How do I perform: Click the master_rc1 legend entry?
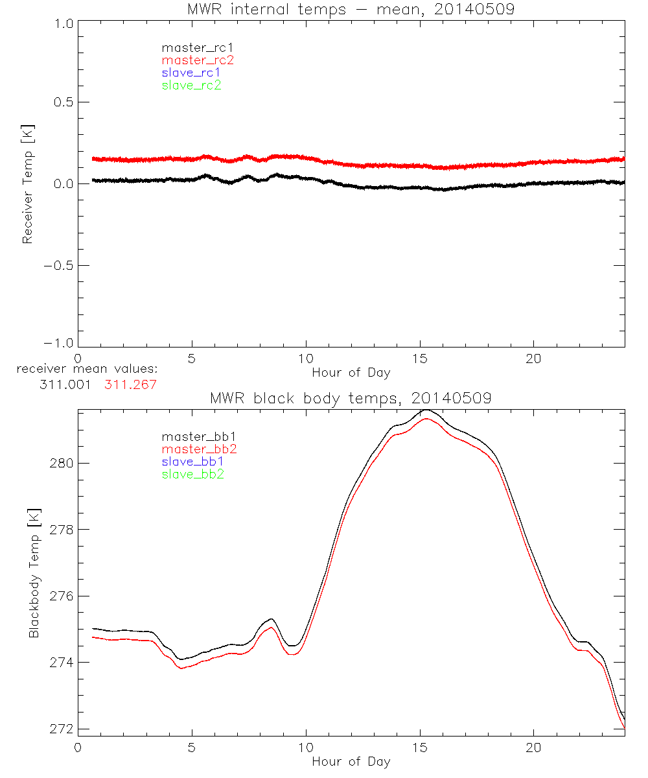coord(191,47)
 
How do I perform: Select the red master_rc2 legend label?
coord(198,60)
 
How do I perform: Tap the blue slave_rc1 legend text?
coord(191,73)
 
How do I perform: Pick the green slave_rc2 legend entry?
coord(191,85)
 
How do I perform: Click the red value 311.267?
coord(130,384)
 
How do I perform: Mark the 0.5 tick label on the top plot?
coord(60,102)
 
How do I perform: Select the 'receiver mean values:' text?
coord(87,370)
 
